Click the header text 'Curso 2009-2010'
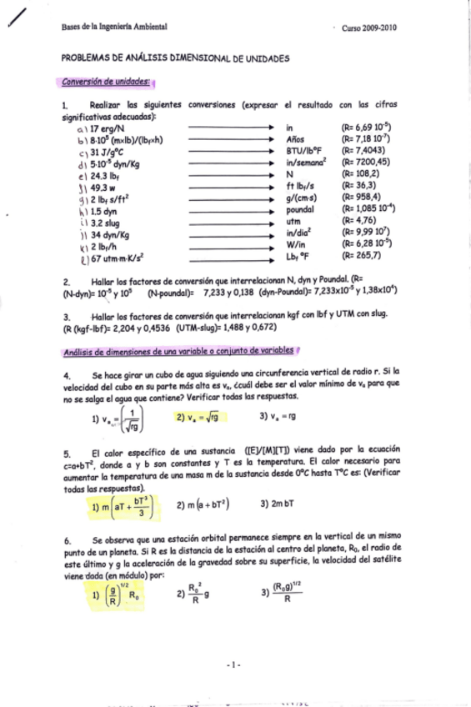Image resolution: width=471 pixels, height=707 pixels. click(369, 28)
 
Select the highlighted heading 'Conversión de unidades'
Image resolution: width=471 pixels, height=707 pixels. click(107, 82)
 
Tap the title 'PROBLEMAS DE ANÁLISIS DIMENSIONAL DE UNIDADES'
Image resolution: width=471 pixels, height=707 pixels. click(175, 59)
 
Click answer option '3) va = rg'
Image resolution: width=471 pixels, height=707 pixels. click(278, 417)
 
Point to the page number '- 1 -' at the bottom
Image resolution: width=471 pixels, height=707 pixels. click(234, 664)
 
